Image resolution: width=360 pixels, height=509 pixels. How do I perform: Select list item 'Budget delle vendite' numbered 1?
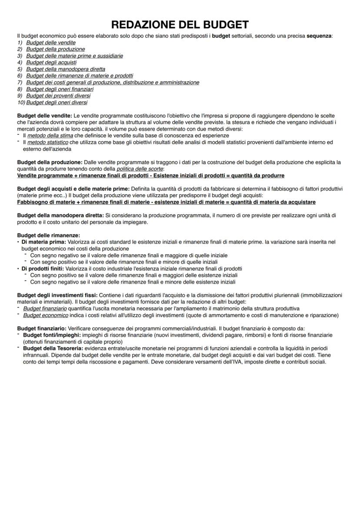[51, 43]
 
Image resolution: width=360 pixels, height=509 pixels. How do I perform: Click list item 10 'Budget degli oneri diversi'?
[57, 103]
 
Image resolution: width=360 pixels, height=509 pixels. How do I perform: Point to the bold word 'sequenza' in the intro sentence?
[319, 36]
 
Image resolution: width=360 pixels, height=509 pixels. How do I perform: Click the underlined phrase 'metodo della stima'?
[50, 136]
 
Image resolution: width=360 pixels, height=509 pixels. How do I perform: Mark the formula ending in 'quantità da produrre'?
[150, 176]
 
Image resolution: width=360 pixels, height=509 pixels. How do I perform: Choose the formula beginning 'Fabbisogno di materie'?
[166, 202]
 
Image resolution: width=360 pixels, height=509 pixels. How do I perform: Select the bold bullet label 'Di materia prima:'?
[42, 242]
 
